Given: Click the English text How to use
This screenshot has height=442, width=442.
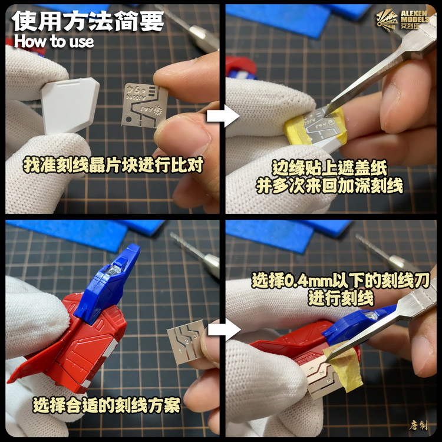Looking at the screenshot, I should (54, 41).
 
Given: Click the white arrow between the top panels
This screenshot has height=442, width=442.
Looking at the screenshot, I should (219, 116).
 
